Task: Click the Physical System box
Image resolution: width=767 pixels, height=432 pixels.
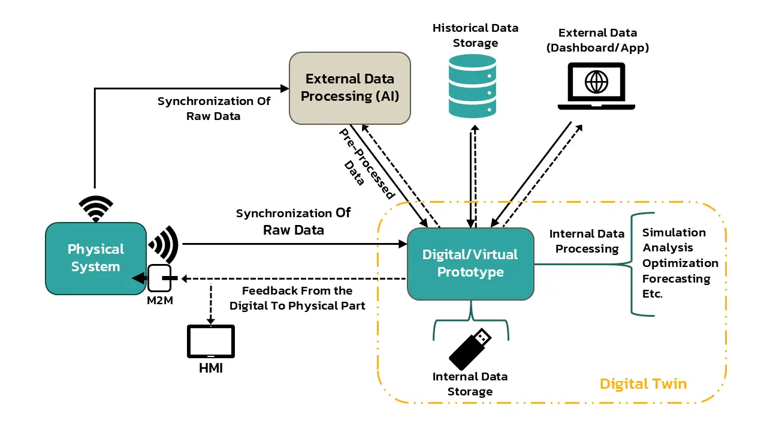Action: coord(96,258)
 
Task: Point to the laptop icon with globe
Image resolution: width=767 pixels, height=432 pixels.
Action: coord(596,86)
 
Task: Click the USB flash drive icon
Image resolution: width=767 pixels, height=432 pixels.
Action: coord(470,349)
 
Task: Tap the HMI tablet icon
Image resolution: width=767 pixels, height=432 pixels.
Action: coord(211,342)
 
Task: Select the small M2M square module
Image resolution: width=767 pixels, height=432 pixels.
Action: coord(159,278)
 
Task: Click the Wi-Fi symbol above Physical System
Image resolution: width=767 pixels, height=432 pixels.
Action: coord(96,208)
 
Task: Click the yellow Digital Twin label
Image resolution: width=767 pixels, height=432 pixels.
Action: coord(643,383)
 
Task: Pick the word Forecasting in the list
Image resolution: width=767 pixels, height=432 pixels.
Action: coord(676,279)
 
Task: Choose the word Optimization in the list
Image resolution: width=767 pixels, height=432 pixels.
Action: coord(680,263)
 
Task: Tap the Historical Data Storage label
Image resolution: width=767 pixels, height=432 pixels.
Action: coord(475,35)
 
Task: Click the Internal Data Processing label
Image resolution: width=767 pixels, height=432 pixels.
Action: coord(587,241)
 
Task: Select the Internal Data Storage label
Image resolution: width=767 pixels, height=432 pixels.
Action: coord(470,384)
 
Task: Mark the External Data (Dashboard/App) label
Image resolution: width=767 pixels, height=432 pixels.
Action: coord(597,40)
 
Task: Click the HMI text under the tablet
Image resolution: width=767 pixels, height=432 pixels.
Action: coord(211,368)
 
